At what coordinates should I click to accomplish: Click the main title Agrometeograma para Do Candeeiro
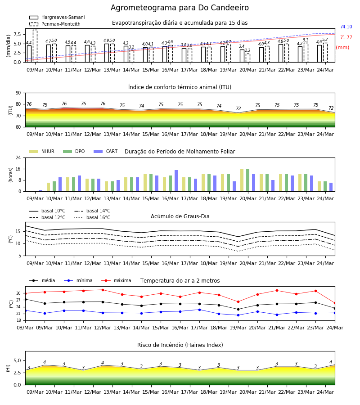pos(180,8)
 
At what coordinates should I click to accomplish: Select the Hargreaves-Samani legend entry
pos(57,17)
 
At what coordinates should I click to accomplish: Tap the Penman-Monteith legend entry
pos(55,24)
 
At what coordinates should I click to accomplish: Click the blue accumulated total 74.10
pos(346,27)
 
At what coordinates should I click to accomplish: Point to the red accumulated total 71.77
pos(346,37)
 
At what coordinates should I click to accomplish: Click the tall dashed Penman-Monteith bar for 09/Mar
pos(35,46)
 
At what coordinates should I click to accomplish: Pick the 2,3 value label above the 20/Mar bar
pos(247,50)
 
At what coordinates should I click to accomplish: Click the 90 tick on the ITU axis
pos(18,93)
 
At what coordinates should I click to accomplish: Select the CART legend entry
pos(106,151)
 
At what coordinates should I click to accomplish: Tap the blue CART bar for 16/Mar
pos(176,181)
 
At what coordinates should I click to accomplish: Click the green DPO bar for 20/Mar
pos(247,180)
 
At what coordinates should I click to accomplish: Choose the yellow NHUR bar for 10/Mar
pos(48,187)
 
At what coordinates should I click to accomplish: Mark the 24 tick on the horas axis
pos(18,157)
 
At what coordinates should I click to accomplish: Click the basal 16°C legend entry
pos(92,217)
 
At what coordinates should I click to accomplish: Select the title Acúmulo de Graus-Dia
pos(180,216)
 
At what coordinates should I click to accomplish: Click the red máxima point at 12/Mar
pos(103,290)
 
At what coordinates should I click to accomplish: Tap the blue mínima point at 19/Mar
pos(238,315)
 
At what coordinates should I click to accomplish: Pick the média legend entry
pos(42,280)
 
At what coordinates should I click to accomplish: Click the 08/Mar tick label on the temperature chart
pos(25,328)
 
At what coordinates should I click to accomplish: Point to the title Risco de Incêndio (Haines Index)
pos(180,345)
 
